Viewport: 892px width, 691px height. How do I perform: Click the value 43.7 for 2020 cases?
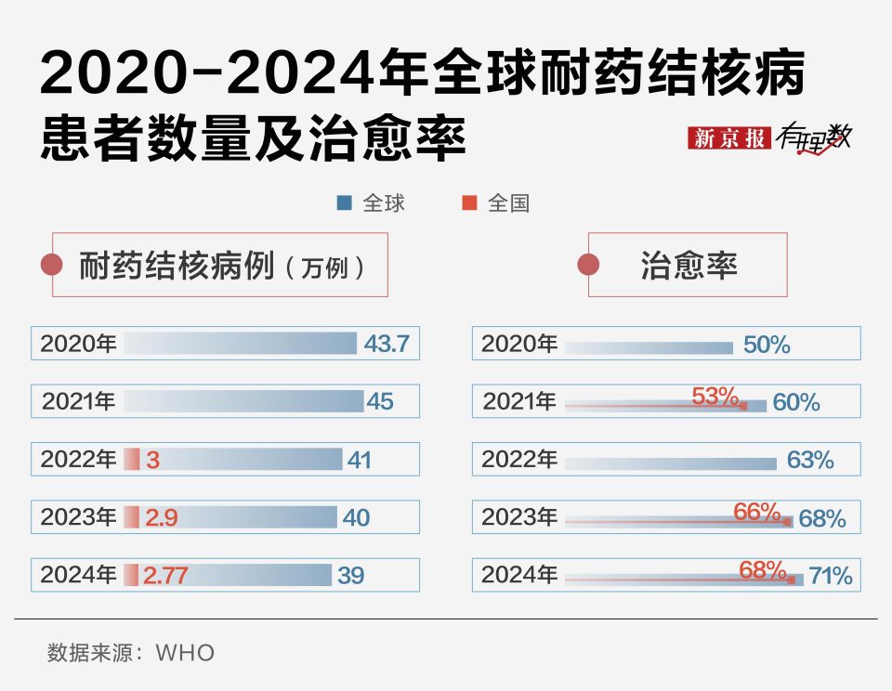[x=387, y=344]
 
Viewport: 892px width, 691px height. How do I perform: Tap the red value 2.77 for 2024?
[x=167, y=576]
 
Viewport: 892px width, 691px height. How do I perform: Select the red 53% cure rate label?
[x=715, y=396]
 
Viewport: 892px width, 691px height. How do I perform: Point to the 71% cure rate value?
[x=830, y=576]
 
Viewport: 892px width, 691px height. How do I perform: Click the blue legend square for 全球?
[x=345, y=202]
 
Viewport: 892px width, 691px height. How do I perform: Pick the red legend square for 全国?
[x=469, y=202]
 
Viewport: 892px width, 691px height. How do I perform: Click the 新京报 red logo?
[x=729, y=137]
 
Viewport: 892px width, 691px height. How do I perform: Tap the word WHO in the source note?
[x=185, y=653]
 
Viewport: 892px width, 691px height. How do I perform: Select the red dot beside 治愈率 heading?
[x=588, y=266]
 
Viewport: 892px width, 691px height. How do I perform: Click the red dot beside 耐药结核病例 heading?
[x=52, y=266]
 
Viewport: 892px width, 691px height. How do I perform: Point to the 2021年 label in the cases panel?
[x=79, y=402]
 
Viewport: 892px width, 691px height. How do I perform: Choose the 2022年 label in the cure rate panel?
[x=519, y=460]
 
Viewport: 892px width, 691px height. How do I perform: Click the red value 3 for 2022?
[x=154, y=460]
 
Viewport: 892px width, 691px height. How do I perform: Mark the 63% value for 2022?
[x=810, y=460]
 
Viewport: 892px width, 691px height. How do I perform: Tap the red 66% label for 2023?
[x=756, y=511]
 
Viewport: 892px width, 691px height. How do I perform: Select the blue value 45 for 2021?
[x=380, y=402]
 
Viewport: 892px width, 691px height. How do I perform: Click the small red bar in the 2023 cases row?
[x=132, y=517]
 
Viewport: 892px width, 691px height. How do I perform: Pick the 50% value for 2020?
[x=767, y=345]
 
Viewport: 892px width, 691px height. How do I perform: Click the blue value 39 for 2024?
[x=351, y=576]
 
